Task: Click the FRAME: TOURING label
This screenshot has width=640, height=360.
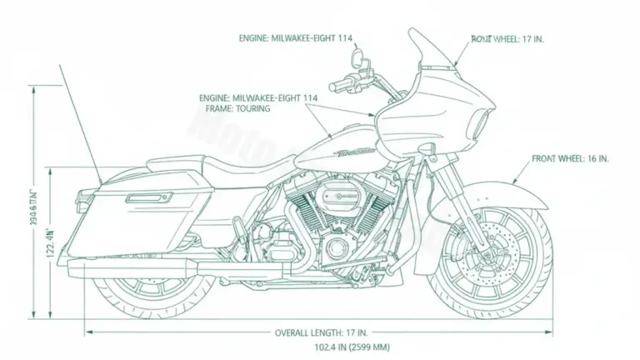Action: [234, 108]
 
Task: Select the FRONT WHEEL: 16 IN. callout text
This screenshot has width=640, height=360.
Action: [571, 157]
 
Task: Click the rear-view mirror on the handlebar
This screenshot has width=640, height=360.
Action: [357, 57]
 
